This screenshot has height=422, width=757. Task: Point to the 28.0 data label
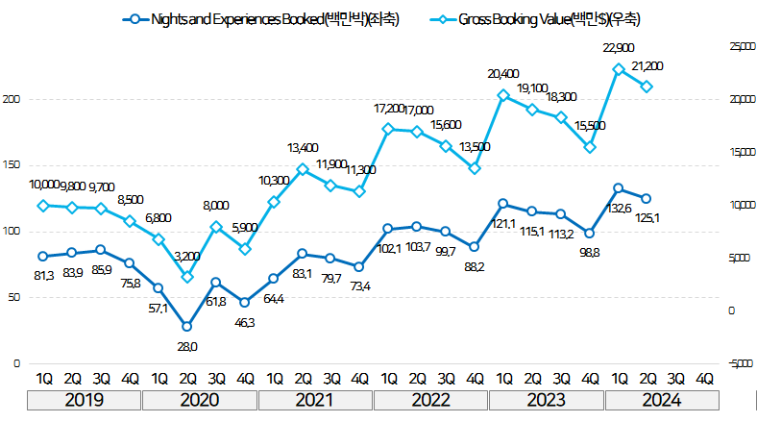coord(186,346)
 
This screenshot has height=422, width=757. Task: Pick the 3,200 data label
coord(186,256)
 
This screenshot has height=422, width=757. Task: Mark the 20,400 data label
coord(503,73)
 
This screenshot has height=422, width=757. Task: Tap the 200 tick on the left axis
coord(12,99)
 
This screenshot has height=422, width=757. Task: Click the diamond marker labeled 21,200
coord(647,87)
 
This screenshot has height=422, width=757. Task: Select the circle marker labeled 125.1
coord(647,198)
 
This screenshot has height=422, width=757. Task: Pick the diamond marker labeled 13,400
coord(302,169)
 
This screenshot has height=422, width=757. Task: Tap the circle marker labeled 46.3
coord(244,303)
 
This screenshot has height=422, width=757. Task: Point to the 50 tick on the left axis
coord(13,298)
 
